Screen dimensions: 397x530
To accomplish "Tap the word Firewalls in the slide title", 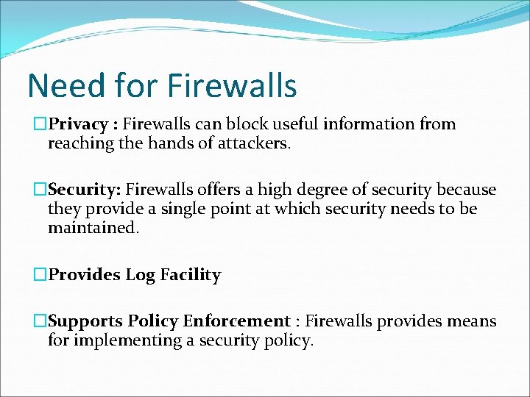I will (232, 85).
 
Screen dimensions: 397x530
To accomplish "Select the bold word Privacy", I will (79, 124).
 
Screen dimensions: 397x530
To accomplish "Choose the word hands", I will (174, 143).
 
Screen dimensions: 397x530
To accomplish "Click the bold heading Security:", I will (82, 190).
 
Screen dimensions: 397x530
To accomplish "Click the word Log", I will (139, 275).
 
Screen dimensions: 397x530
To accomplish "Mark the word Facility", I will (188, 275).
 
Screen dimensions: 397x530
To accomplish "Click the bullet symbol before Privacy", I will (41, 124).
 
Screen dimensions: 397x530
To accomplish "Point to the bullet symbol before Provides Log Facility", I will (41, 275).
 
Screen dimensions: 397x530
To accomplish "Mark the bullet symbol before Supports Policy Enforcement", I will (41, 321).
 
